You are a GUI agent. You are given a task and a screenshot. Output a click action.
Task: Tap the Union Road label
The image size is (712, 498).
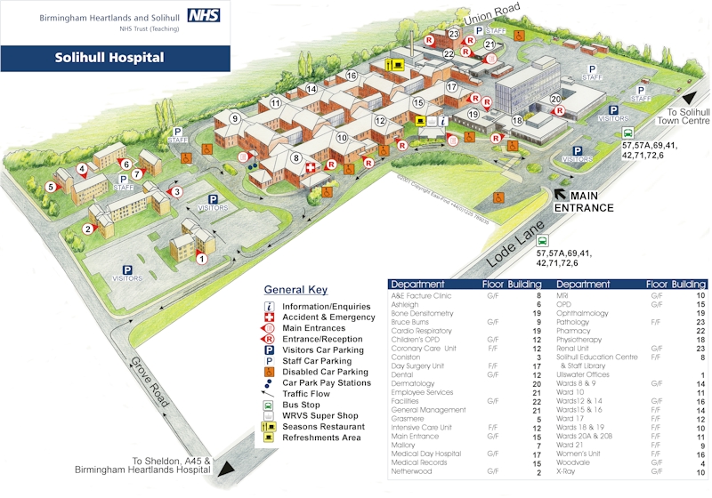coord(492,16)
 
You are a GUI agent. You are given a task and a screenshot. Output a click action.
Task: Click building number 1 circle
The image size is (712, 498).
coord(201,259)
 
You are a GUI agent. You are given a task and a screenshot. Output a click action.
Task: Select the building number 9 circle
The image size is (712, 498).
coord(235,118)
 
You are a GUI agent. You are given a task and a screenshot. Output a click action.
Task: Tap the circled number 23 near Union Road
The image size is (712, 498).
coord(454,35)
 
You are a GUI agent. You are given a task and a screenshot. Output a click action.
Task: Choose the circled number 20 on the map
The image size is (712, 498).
coord(555,100)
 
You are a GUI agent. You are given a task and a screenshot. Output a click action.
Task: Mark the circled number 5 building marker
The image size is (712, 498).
coord(51,187)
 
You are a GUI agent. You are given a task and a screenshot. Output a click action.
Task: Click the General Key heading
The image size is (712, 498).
coord(295,290)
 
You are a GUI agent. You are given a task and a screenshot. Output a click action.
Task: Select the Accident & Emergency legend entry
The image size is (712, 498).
coord(328,317)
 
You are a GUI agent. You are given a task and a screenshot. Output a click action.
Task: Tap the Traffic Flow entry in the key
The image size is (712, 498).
coord(306,392)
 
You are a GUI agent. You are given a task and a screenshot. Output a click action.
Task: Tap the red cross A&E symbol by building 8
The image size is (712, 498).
coord(310,167)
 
